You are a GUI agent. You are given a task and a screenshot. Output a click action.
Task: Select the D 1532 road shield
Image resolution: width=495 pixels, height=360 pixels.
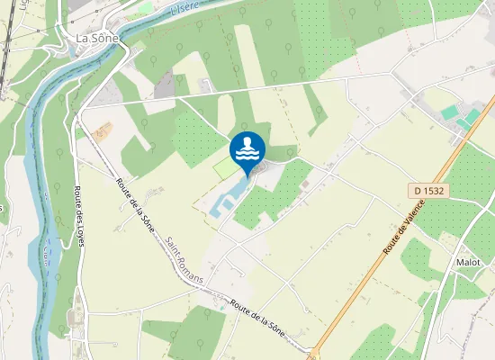[430, 191]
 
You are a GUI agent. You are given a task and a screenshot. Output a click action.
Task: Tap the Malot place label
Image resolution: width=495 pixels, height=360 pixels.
[468, 263]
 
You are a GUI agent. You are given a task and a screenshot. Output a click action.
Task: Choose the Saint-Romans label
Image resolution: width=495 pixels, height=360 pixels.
[184, 260]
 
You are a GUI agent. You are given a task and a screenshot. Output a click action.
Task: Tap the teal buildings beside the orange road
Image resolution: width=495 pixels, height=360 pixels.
[460, 117]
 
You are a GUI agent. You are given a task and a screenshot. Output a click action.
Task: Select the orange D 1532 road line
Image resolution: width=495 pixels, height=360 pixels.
[378, 261]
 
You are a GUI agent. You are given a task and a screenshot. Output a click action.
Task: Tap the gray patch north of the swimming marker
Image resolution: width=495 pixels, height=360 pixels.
[164, 85]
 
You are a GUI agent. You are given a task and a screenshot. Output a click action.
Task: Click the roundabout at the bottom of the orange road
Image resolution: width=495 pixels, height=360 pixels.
[314, 353]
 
